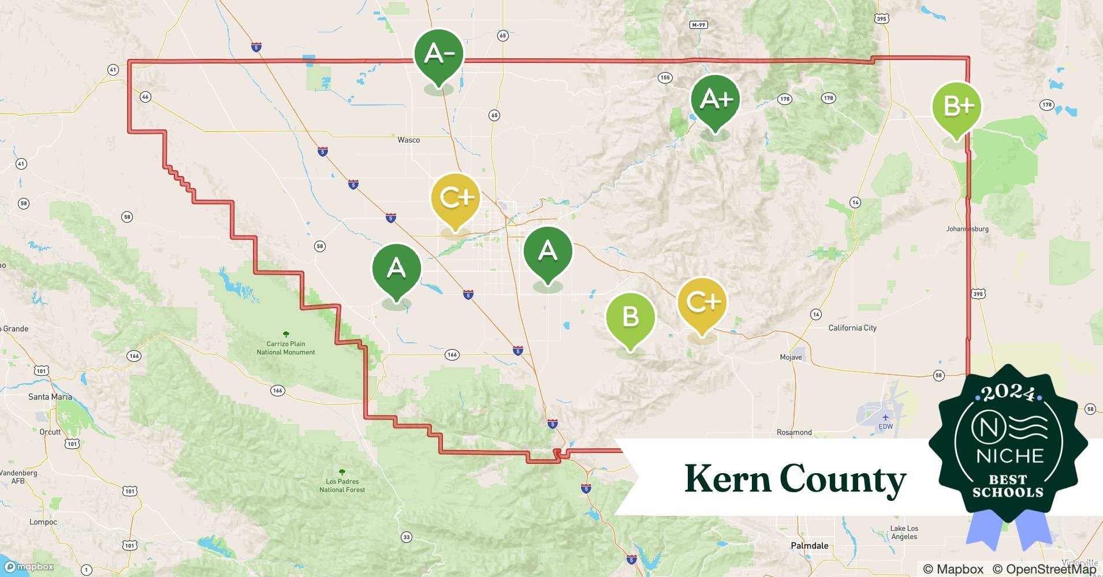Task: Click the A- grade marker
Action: [x=439, y=54]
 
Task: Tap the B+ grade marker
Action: [x=956, y=107]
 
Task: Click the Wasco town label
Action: [x=408, y=140]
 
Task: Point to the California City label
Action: [x=852, y=328]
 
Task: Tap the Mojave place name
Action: [x=791, y=357]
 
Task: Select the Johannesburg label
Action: [x=967, y=229]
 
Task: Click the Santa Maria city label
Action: [x=50, y=397]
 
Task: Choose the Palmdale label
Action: [x=809, y=545]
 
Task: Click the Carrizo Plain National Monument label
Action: [x=286, y=348]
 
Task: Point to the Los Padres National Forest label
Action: [x=342, y=485]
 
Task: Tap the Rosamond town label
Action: [x=794, y=432]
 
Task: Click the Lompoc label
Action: [x=43, y=522]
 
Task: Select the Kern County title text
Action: [x=795, y=479]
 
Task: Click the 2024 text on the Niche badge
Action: [x=1008, y=393]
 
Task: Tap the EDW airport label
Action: [x=885, y=426]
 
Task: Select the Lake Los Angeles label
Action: [x=904, y=532]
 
